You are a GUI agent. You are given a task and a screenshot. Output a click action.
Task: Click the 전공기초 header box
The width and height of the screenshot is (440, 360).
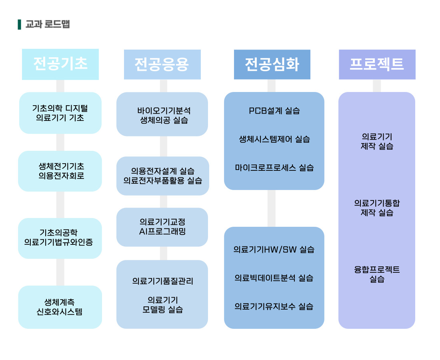(60, 64)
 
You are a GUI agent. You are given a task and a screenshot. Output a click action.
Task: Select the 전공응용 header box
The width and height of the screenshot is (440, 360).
(162, 64)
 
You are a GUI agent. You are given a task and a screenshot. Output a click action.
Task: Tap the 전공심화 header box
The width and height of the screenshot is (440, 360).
(272, 64)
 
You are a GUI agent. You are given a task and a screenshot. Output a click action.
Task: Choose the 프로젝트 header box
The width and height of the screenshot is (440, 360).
(377, 64)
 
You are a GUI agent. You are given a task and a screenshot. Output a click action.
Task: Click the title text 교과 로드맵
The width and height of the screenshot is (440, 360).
(48, 24)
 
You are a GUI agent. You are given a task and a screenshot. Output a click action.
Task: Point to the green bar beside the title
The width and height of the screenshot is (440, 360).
(19, 24)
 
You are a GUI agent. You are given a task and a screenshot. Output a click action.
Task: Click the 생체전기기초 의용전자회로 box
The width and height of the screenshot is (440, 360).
(60, 171)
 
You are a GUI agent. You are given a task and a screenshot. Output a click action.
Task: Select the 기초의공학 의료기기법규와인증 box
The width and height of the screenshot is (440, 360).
(60, 238)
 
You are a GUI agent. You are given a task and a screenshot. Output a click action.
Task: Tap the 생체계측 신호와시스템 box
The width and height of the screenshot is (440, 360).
(60, 307)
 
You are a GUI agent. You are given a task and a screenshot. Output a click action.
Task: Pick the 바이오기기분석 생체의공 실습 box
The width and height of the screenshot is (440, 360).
(162, 114)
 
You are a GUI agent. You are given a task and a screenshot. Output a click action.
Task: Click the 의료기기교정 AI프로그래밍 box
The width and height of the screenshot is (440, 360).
(162, 227)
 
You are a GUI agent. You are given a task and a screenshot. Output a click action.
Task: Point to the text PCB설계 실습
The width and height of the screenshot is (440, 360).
(274, 111)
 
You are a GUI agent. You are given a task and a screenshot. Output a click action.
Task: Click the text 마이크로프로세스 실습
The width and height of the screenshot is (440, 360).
(274, 168)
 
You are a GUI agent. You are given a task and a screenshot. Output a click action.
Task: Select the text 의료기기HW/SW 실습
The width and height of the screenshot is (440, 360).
(274, 250)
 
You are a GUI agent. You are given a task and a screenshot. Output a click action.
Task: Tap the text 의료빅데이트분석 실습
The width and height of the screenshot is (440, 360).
(274, 278)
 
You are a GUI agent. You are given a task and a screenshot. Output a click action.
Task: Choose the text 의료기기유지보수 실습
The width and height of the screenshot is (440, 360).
(274, 306)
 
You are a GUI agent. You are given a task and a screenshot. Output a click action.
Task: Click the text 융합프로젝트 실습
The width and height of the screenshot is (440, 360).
(377, 274)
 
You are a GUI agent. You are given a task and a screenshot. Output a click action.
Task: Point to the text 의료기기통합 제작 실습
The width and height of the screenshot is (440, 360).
(377, 208)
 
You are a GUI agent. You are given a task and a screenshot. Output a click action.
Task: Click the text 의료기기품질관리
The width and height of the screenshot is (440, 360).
(163, 281)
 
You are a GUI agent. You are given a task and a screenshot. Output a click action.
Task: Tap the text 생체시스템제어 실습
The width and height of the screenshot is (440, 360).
(274, 139)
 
